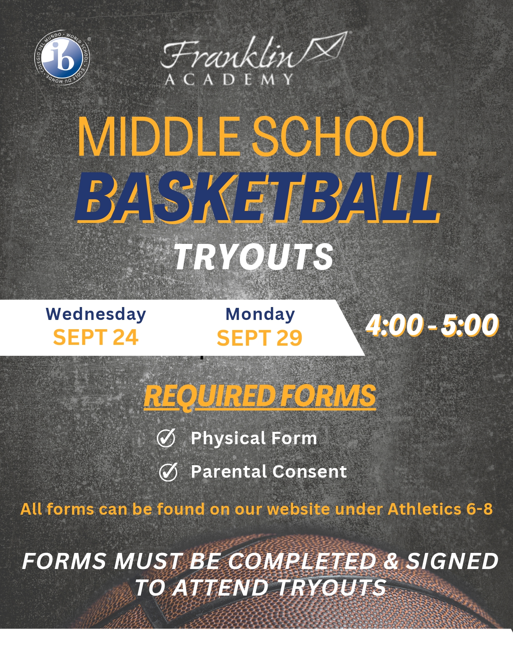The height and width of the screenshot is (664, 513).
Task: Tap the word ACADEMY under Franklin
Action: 229,79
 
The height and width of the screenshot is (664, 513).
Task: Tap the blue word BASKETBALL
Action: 257,196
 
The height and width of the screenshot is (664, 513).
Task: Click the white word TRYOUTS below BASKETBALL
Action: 253,257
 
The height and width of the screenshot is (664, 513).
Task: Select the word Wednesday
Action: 96,314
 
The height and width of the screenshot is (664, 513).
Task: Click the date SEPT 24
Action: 96,337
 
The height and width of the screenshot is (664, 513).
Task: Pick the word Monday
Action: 260,314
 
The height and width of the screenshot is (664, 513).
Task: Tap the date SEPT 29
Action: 260,338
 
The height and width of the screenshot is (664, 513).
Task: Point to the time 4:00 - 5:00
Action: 433,325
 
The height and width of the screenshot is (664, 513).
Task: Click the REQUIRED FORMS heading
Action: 260,396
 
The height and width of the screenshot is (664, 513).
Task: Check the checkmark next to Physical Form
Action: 166,437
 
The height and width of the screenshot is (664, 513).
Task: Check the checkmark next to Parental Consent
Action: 168,472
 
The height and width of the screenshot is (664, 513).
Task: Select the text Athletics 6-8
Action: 440,509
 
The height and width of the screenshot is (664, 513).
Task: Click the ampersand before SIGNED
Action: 391,561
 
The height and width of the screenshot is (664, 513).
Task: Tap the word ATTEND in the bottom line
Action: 220,588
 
